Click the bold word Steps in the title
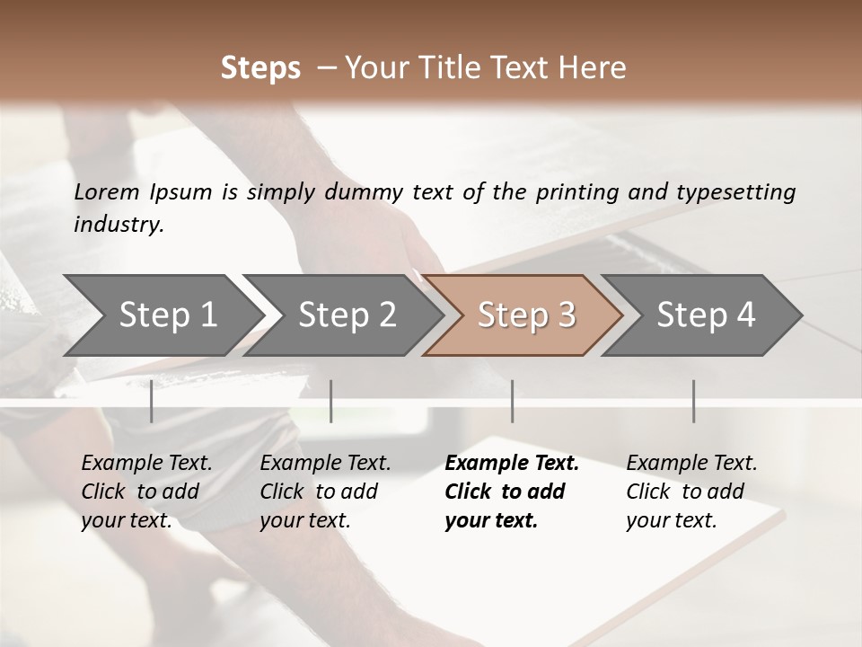pyautogui.click(x=260, y=68)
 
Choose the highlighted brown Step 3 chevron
pyautogui.click(x=523, y=315)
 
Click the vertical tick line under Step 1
pyautogui.click(x=151, y=401)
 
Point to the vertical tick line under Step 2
pyautogui.click(x=331, y=401)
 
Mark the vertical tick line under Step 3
pyautogui.click(x=512, y=401)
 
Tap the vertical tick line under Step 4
pyautogui.click(x=693, y=401)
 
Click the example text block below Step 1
pyautogui.click(x=146, y=492)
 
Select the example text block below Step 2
pyautogui.click(x=325, y=492)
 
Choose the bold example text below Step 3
pyautogui.click(x=512, y=492)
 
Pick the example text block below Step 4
pyautogui.click(x=691, y=492)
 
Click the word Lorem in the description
pyautogui.click(x=107, y=191)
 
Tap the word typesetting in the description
pyautogui.click(x=743, y=192)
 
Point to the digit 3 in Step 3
pyautogui.click(x=566, y=315)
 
